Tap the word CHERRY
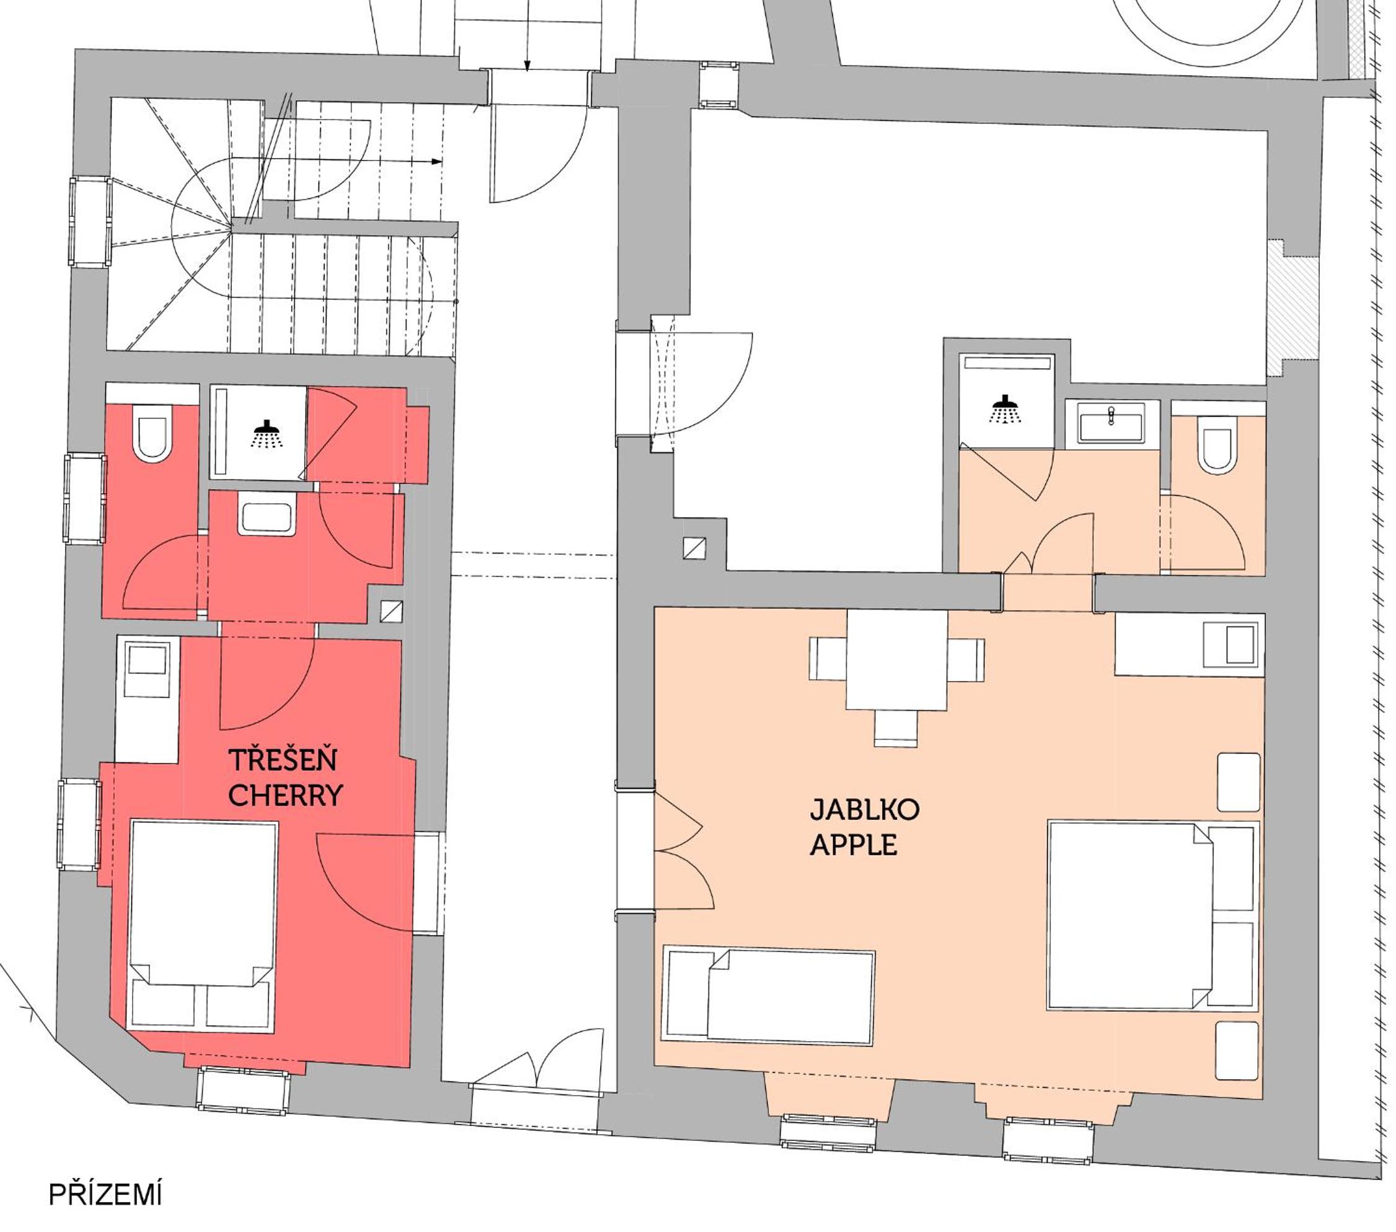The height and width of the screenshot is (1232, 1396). (x=285, y=796)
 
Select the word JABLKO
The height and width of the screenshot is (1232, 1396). (x=865, y=810)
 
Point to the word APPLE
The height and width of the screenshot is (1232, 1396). (x=853, y=845)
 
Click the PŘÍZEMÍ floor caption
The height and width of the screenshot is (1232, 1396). (x=105, y=1194)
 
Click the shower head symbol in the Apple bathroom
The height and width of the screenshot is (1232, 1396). (x=1005, y=409)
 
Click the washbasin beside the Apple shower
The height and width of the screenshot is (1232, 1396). (x=1112, y=423)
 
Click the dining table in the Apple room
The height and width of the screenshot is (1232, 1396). (x=897, y=660)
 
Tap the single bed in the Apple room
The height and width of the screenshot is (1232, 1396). (x=769, y=997)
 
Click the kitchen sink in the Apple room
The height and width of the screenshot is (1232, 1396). (x=1231, y=644)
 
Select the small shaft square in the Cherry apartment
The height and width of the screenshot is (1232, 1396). (x=391, y=611)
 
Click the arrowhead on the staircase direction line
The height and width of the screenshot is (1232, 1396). (x=437, y=162)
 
